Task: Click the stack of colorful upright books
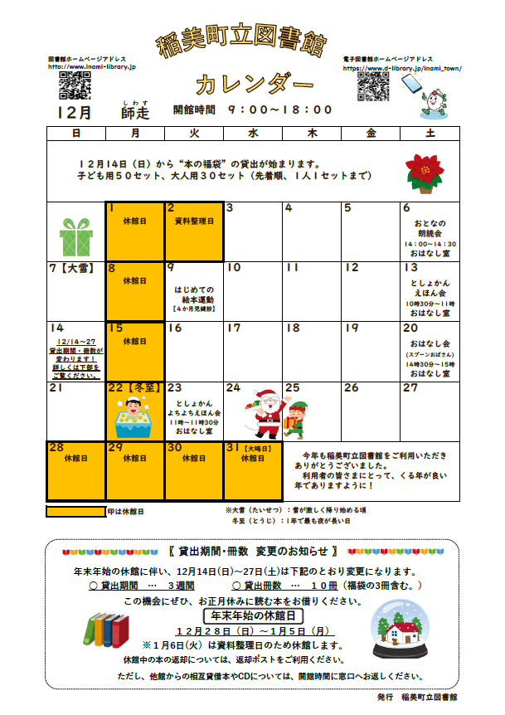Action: [104, 631]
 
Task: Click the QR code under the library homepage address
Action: [74, 85]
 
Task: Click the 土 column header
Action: [430, 134]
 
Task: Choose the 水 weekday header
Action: [253, 134]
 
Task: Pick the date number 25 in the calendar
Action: [292, 388]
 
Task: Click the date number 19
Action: [352, 328]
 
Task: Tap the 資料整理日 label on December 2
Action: [194, 221]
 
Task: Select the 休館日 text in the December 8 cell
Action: [134, 281]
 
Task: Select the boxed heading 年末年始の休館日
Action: [254, 616]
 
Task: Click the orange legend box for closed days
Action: [75, 512]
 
